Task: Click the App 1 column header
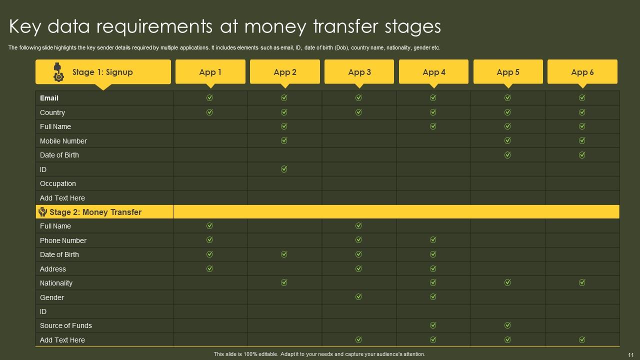[210, 72]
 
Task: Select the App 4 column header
[433, 72]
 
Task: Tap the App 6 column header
[582, 72]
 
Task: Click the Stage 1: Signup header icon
[58, 72]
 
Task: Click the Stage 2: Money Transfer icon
[42, 212]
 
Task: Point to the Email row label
[49, 98]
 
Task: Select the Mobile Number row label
[63, 141]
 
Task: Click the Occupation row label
[58, 183]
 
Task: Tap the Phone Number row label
[63, 240]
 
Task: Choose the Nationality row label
[56, 283]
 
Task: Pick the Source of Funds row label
[66, 325]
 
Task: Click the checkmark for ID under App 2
[284, 169]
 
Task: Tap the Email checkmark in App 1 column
[209, 98]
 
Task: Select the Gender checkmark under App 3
[358, 297]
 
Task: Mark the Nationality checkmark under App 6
[582, 282]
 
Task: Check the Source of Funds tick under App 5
[507, 325]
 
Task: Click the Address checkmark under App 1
[209, 268]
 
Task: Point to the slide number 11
[630, 354]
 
